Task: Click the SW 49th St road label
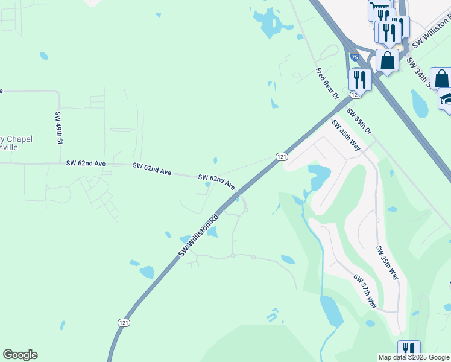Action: point(59,127)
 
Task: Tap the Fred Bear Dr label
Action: point(328,83)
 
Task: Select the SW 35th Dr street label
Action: point(359,122)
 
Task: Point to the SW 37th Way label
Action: point(365,291)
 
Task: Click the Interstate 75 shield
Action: point(355,57)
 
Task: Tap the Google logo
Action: point(20,355)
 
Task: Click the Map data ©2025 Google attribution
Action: point(414,357)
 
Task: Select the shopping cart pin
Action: point(380,10)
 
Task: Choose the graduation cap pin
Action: point(446,98)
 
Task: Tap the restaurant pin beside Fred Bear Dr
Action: point(360,79)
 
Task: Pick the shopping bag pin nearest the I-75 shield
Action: point(387,60)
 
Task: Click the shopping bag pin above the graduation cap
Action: point(441,78)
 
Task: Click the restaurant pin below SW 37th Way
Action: point(409,351)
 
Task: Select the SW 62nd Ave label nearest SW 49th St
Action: point(86,164)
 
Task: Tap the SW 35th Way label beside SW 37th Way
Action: point(387,262)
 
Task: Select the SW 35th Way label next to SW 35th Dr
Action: point(346,135)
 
